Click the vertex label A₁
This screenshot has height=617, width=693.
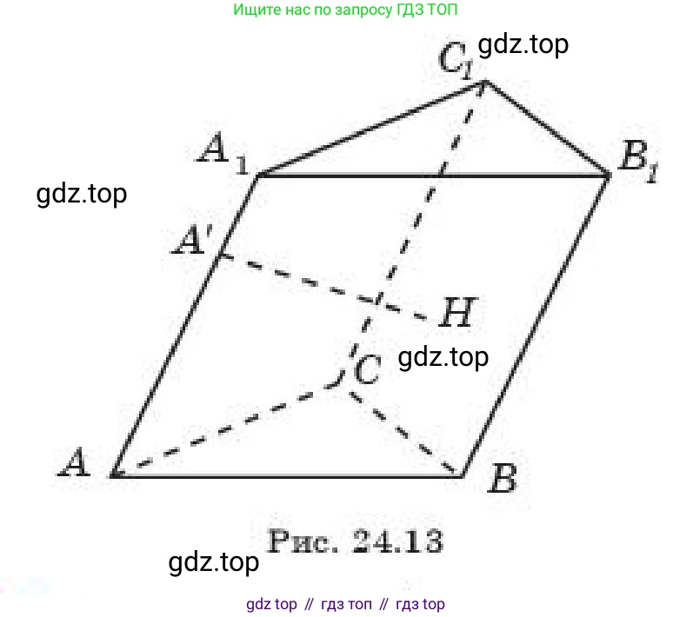pos(223,153)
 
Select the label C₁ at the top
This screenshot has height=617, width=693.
pos(456,61)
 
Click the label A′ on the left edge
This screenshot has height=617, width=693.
pos(193,240)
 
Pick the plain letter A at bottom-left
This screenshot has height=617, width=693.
pos(74,462)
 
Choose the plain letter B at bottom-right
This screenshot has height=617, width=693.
pos(502,478)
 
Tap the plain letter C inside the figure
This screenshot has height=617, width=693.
pos(367,369)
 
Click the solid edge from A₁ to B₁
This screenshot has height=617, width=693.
pos(433,176)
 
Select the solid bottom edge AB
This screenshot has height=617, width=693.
pos(287,476)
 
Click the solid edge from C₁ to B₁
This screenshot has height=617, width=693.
pos(548,129)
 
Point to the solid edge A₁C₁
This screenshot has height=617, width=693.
pos(370,129)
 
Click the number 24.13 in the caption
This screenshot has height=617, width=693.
pos(397,541)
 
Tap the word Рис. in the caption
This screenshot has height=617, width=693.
pos(303,541)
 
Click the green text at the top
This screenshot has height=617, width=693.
pos(345,10)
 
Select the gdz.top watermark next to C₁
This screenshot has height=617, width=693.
pos(523,44)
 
